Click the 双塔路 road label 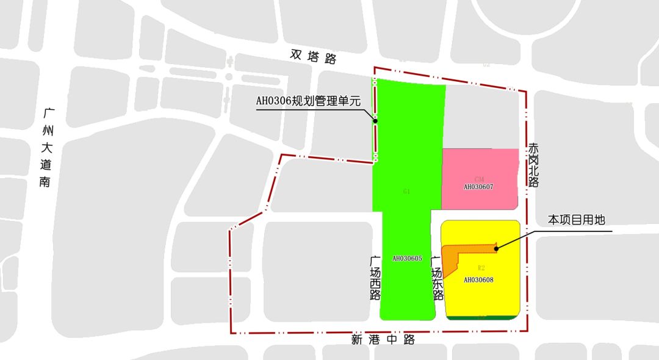point(314,57)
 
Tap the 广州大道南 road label point(46,148)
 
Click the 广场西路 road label point(375,278)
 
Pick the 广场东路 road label point(437,278)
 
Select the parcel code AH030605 point(407,259)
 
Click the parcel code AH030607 point(478,187)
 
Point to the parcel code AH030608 point(478,280)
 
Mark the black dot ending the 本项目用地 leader point(495,248)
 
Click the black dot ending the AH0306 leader point(375,121)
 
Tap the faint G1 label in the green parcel point(406,192)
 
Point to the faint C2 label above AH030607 point(479,179)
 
